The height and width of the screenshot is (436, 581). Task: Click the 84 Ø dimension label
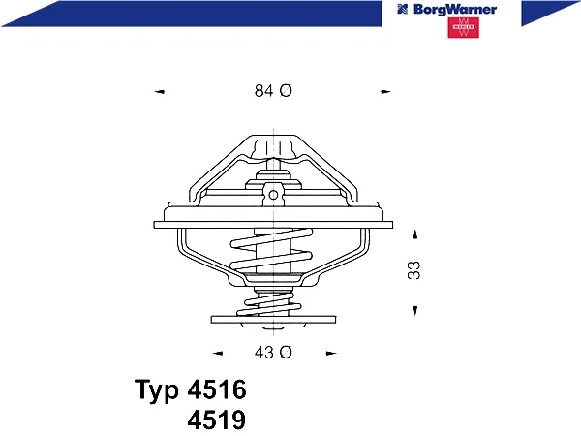coord(273,90)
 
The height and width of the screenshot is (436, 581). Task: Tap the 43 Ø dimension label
coord(273,352)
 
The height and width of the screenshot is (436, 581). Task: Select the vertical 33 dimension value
coord(413,270)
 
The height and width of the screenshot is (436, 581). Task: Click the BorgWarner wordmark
coord(455,10)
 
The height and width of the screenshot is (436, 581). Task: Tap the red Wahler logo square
coord(463,28)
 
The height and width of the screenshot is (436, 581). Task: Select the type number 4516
coord(217,389)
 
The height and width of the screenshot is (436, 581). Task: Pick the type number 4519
coord(217,420)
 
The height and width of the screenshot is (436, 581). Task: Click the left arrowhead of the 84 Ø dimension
coord(159,92)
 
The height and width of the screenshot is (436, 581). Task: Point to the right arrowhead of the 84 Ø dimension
coord(385,92)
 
